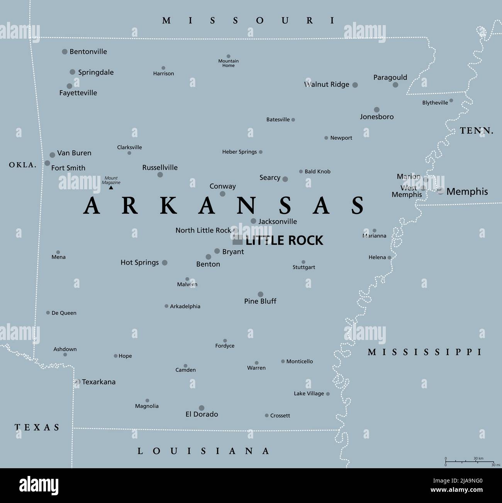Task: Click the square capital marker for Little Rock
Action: [237, 240]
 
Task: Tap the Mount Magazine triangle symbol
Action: [111, 187]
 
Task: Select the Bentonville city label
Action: [88, 51]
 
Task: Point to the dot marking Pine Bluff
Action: [261, 294]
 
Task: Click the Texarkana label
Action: [98, 382]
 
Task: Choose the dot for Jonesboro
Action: [376, 110]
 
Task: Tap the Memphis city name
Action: [467, 191]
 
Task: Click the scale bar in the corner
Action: [470, 461]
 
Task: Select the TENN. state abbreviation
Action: [477, 131]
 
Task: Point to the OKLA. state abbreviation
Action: [23, 165]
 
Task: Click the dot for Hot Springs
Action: [165, 263]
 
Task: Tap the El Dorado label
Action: [202, 414]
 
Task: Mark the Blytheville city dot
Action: [451, 100]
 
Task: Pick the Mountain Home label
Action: [228, 63]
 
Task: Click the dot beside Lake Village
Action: [328, 394]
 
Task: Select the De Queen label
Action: [64, 313]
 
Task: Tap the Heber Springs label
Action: [239, 152]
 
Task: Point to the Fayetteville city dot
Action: [70, 86]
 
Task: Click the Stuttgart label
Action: [304, 267]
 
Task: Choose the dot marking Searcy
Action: [285, 179]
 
